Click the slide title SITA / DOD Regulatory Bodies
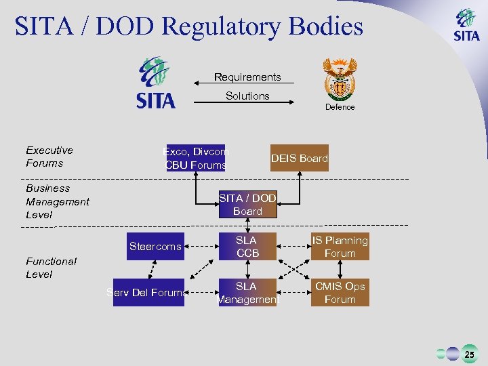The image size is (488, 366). point(189,27)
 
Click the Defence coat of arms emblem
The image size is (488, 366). point(339,79)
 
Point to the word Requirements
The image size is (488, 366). point(247,77)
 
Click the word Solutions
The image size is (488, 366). point(247,96)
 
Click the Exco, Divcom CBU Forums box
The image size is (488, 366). point(196,158)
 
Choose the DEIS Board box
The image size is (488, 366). point(299,158)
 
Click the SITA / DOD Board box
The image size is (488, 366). point(247,204)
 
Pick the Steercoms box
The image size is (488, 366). point(155,247)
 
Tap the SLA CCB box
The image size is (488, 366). point(247,247)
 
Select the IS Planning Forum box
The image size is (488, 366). point(340,247)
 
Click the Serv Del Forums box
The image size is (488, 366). point(148,293)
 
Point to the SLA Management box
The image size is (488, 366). point(247,293)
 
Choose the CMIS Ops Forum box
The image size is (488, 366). point(340,293)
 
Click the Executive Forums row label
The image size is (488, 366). point(49,157)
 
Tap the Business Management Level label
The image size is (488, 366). point(57,201)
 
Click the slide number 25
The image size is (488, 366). point(469,354)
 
